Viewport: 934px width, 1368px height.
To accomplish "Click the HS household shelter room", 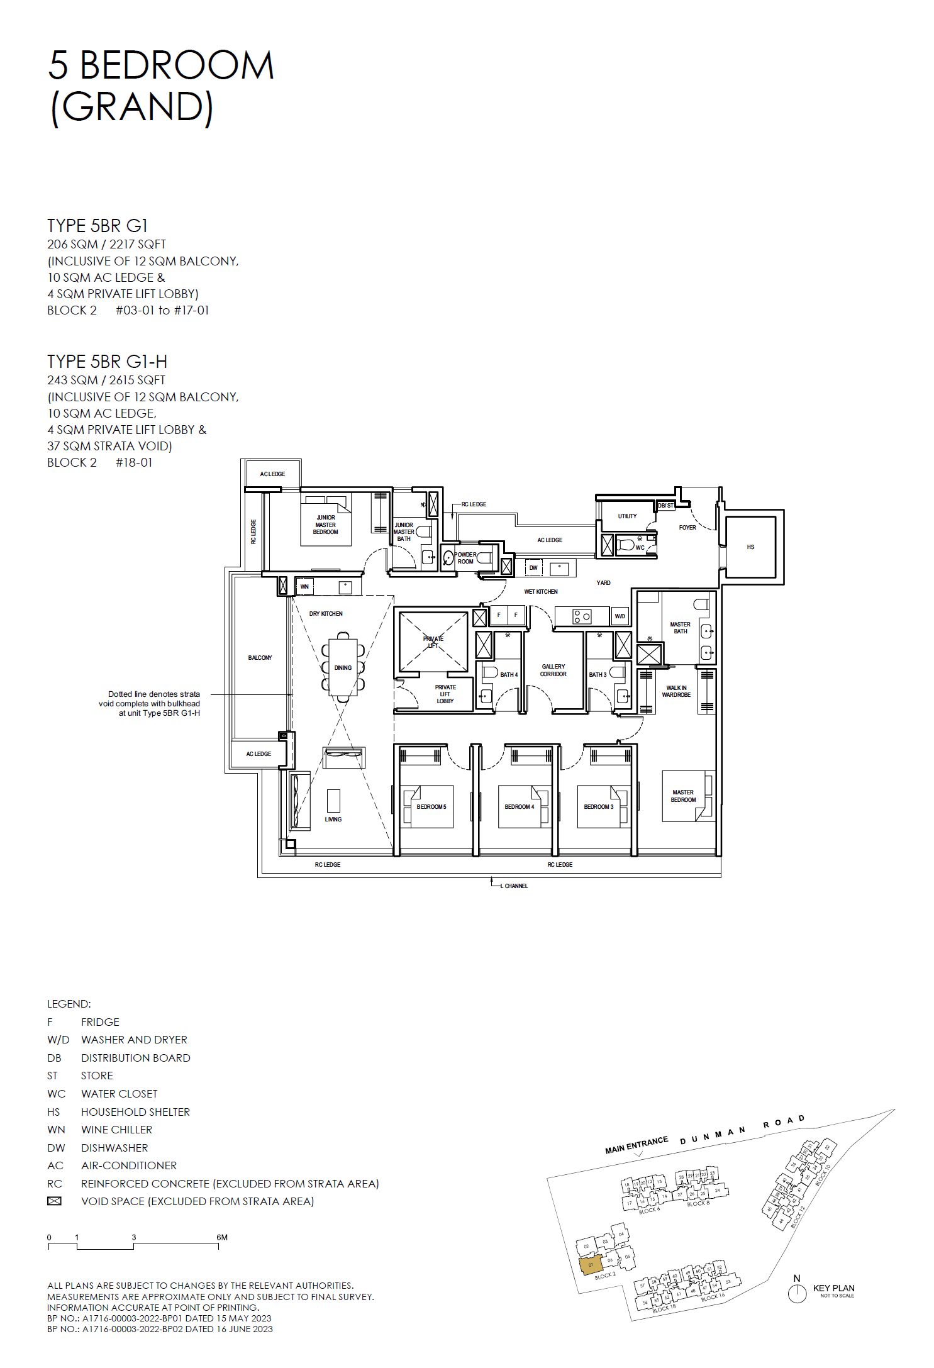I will tap(750, 547).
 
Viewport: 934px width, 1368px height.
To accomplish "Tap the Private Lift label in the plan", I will tap(433, 642).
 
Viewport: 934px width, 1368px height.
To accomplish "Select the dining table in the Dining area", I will tap(343, 667).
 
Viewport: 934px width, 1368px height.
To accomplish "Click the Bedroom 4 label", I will tap(519, 806).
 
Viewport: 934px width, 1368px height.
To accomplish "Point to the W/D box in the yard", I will tap(620, 616).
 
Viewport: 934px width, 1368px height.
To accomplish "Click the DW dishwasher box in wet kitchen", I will tap(533, 567).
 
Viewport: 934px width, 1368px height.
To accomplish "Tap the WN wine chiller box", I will tap(304, 586).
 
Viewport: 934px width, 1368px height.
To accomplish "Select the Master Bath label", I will tap(680, 628).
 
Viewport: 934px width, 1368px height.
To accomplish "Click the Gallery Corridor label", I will tap(553, 670).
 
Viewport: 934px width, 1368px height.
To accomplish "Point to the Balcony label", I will tap(260, 657).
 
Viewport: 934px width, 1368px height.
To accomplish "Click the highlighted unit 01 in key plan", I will tap(591, 1264).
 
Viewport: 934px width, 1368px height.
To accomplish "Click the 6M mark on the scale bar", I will tap(221, 1237).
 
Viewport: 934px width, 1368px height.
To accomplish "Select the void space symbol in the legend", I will tap(55, 1201).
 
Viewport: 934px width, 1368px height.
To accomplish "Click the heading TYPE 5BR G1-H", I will tap(107, 362).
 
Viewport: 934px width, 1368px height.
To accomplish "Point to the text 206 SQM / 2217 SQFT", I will tap(106, 244).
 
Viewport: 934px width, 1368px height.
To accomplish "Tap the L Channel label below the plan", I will tap(515, 886).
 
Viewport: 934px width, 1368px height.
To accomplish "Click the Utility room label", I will tap(626, 516).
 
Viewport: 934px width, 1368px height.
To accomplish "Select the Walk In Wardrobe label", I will tap(675, 691).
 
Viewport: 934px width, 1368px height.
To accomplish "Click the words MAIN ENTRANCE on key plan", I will tap(636, 1145).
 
